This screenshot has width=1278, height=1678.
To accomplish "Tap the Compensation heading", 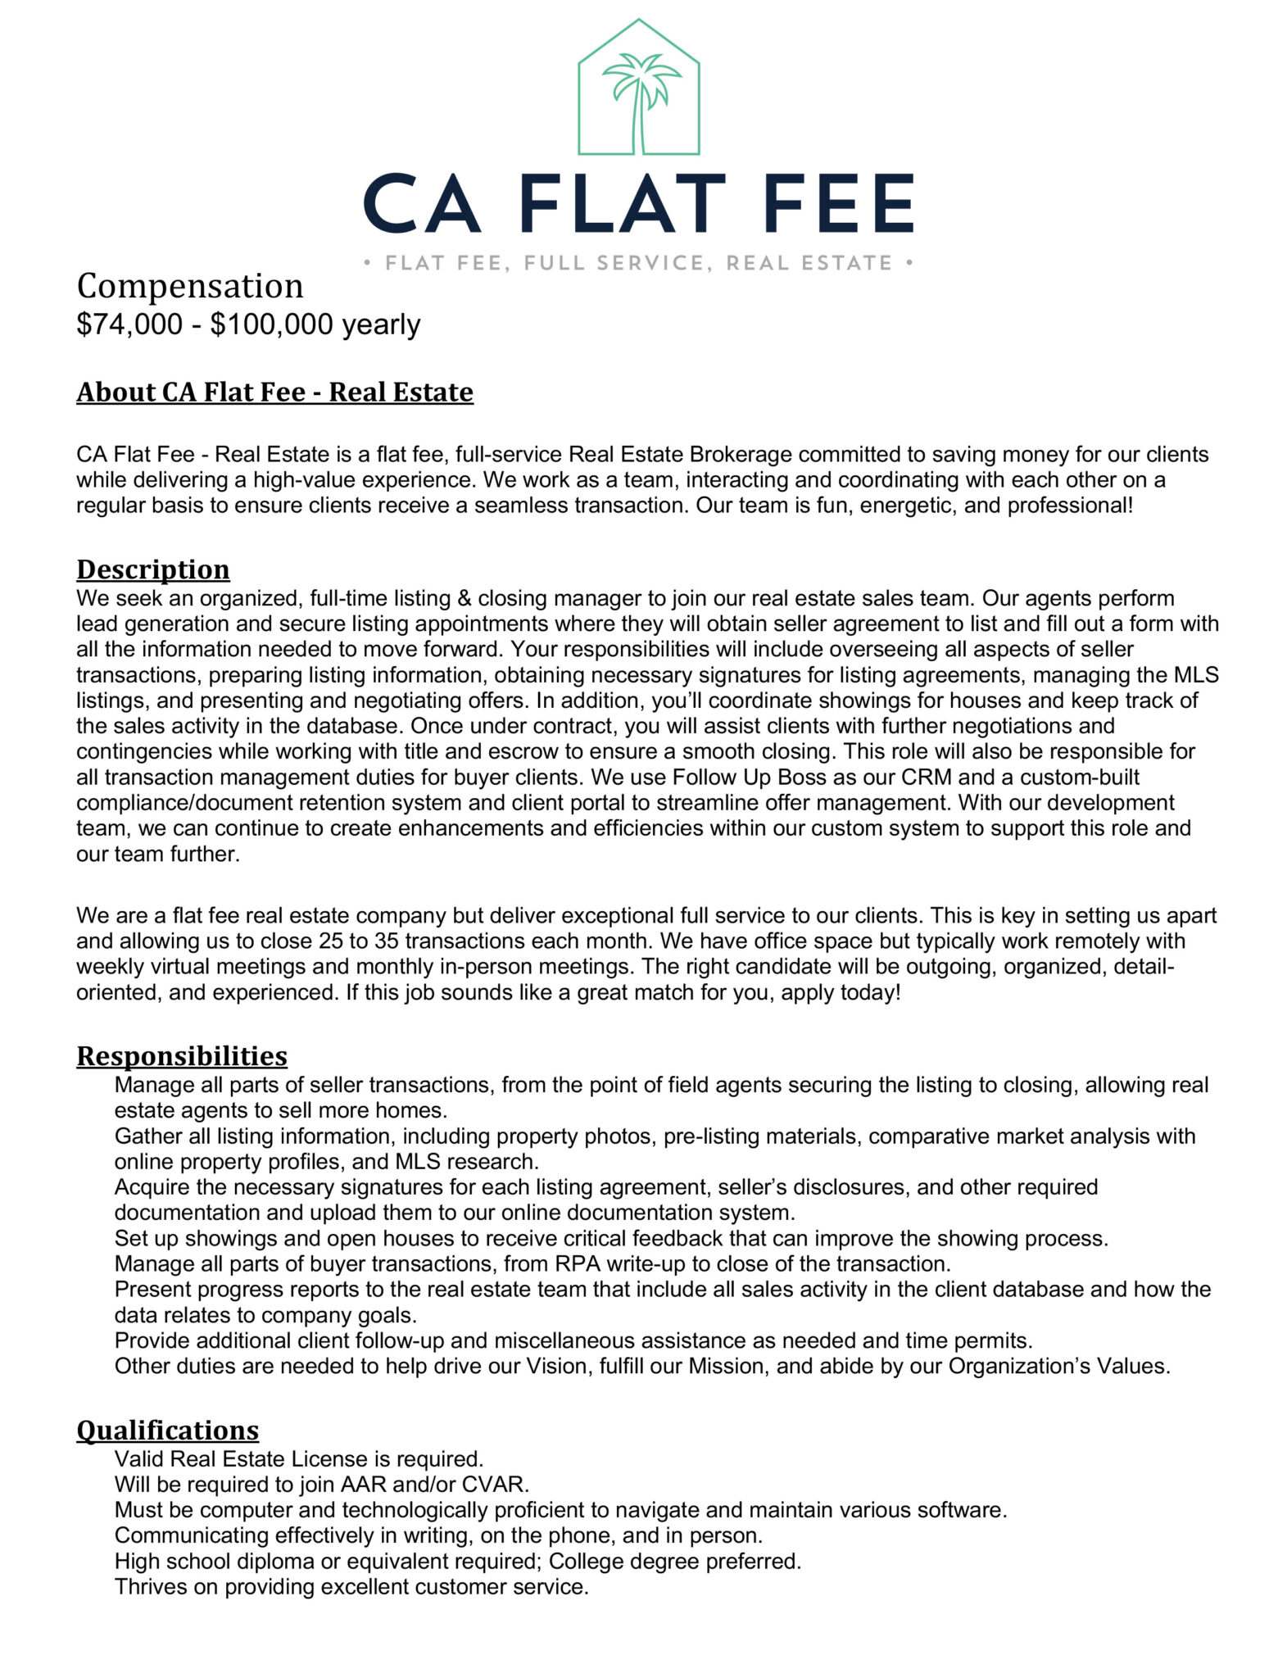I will [190, 286].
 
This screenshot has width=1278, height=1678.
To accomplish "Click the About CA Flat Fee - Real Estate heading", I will [274, 392].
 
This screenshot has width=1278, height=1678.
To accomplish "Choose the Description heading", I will [153, 569].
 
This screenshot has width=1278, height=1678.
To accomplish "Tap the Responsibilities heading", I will [182, 1055].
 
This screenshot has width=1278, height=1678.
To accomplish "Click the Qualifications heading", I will [168, 1430].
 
